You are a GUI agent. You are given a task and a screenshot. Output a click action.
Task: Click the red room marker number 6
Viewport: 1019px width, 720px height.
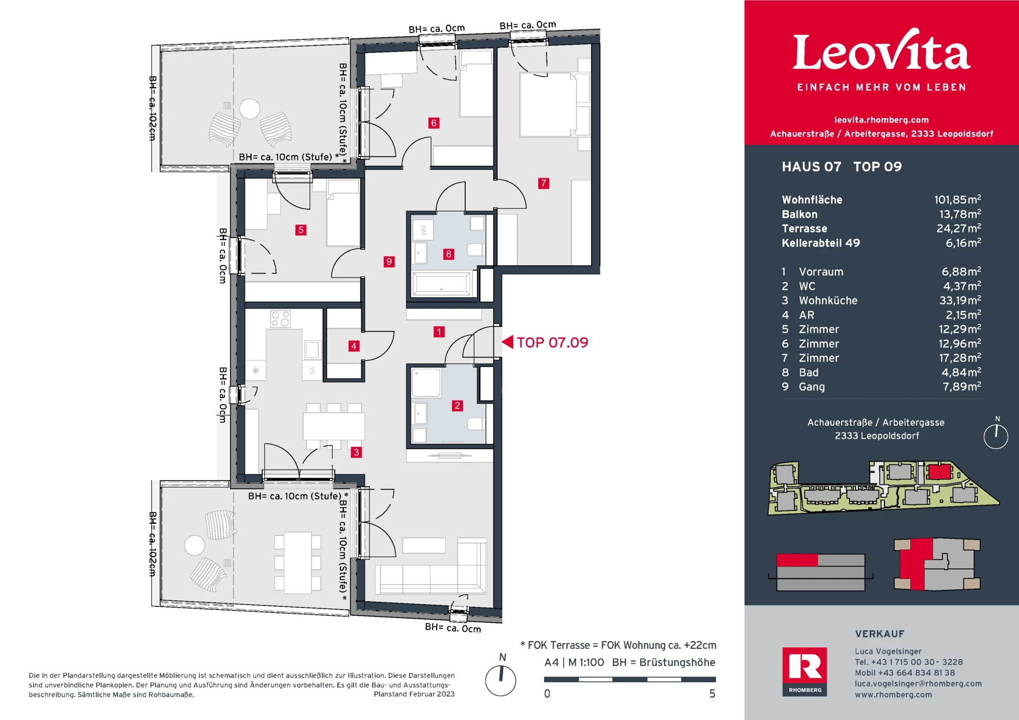tap(434, 123)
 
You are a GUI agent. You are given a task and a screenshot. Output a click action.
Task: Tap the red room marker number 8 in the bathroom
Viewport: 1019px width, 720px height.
tap(448, 254)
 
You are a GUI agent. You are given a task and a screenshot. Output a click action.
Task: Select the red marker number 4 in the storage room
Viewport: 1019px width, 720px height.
tap(353, 346)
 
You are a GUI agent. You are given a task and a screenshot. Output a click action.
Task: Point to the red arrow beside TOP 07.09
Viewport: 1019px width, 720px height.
tap(508, 342)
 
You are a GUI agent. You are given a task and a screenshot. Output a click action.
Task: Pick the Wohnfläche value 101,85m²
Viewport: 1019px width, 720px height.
tap(957, 200)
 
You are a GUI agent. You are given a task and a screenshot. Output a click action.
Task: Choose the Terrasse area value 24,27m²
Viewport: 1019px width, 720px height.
tap(958, 229)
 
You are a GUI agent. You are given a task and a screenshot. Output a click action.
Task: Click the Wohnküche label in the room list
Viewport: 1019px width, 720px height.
tap(828, 301)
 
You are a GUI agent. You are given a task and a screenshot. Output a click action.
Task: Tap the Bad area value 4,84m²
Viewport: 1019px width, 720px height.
tap(961, 372)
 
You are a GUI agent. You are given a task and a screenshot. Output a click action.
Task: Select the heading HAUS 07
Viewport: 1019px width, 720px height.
tap(811, 167)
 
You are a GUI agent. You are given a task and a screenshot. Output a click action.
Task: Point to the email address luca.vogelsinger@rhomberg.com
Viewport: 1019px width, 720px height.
tap(918, 684)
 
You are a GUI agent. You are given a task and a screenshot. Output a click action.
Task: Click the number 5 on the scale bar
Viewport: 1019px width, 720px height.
tap(712, 694)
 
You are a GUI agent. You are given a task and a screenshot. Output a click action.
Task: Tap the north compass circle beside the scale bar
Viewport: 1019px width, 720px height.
tap(500, 681)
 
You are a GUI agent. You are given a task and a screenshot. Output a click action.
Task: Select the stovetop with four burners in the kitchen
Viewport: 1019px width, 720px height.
tap(280, 319)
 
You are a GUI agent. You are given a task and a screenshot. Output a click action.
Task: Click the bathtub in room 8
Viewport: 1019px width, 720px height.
tap(442, 284)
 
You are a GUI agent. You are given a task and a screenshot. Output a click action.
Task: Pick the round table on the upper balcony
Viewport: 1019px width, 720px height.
tap(249, 109)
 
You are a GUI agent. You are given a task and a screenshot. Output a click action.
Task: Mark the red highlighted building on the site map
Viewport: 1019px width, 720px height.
tap(939, 472)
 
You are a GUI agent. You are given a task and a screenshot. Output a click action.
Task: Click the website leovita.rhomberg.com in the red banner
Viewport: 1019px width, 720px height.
tap(881, 120)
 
